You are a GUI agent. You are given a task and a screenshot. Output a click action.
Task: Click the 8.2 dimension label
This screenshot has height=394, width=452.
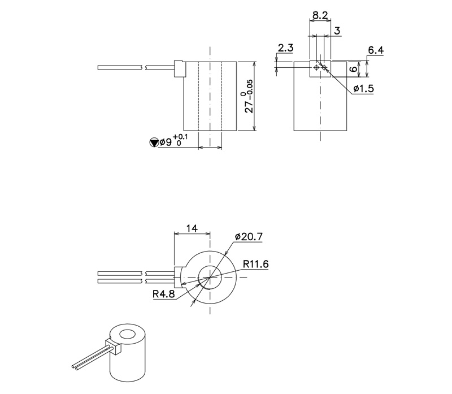(320, 15)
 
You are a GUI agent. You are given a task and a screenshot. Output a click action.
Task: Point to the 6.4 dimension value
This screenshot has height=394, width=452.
(376, 51)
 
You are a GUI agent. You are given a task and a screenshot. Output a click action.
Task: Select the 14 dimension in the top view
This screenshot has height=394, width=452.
(192, 228)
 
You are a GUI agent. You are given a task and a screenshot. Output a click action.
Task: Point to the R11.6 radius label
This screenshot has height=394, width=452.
(255, 263)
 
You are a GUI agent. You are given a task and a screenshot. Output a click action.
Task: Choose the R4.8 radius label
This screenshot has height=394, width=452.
(163, 294)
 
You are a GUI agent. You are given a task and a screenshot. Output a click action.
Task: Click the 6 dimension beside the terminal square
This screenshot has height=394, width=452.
(350, 69)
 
